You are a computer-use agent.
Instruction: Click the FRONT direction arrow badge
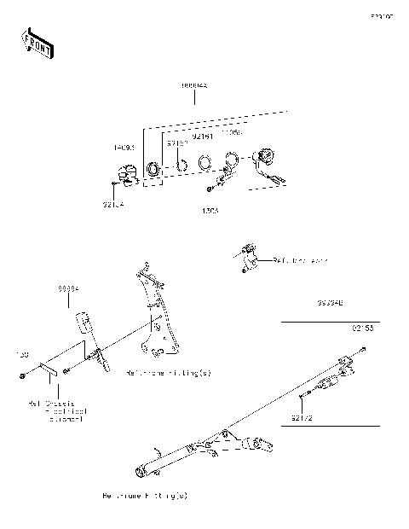(x=36, y=43)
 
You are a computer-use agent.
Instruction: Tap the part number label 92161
(x=202, y=136)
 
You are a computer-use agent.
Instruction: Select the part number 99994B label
(x=331, y=303)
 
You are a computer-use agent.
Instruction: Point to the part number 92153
(x=363, y=327)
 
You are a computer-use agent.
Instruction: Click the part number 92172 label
(x=302, y=418)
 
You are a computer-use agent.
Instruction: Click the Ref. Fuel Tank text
(x=299, y=259)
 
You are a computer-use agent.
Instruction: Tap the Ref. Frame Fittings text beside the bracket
(x=168, y=373)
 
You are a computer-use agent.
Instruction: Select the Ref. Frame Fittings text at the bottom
(x=144, y=495)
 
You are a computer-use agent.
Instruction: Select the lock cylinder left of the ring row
(x=126, y=171)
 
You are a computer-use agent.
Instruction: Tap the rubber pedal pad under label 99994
(x=84, y=322)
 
